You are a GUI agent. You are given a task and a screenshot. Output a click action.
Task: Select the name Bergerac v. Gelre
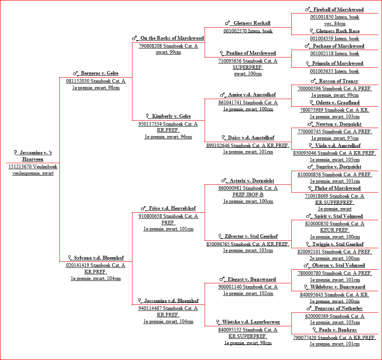tap(100, 73)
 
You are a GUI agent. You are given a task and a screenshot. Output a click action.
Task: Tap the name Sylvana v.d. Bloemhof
tap(99, 258)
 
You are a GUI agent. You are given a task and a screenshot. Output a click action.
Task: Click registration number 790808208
tap(150, 46)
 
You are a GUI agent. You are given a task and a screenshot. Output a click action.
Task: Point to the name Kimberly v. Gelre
tap(171, 116)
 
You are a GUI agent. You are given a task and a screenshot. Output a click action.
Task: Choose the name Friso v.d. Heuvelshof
tap(172, 209)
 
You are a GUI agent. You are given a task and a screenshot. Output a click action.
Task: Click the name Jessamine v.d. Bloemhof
tap(171, 301)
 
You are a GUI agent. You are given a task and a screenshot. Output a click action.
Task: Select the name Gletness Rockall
tap(252, 23)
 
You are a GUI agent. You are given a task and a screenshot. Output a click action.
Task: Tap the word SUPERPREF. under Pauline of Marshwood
tap(248, 67)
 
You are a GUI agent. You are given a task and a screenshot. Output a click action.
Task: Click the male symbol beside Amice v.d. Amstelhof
tap(222, 94)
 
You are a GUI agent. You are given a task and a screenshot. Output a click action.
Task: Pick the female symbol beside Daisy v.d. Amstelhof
tap(223, 137)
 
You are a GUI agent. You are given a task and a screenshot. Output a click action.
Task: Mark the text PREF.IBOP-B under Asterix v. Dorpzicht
tap(248, 195)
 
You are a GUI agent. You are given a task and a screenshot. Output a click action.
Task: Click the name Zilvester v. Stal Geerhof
tap(251, 237)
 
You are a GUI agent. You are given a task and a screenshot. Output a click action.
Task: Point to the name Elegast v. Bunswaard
tap(252, 280)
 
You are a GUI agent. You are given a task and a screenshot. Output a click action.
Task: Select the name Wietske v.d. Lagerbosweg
tap(251, 322)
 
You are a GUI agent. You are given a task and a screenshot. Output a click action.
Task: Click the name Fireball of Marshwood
tap(338, 10)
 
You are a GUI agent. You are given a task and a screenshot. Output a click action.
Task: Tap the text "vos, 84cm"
tap(335, 24)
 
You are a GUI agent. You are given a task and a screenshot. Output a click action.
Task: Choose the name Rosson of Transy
tap(338, 81)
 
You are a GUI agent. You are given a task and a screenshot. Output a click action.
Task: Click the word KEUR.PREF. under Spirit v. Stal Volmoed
tap(335, 230)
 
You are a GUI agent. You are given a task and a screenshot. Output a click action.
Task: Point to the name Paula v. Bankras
tap(338, 330)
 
